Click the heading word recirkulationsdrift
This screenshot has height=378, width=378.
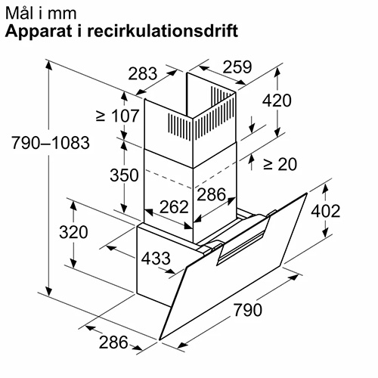pos(163,31)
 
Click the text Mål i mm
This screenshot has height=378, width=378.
pos(41,13)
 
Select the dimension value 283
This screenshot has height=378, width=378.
pos(143,74)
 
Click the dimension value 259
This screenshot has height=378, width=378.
pos(237,67)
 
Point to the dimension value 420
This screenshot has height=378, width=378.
pos(277,101)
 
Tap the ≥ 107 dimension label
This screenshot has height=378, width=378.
pos(118,116)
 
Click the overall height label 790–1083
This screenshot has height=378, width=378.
pos(51,143)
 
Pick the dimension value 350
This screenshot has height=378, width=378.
pos(124,175)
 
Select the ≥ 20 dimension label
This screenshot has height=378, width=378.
pos(280,165)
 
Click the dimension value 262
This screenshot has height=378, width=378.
pos(174,207)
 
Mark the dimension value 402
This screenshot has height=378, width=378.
pos(325,211)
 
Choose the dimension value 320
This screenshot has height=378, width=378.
pos(73,232)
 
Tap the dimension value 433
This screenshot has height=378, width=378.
pos(156,259)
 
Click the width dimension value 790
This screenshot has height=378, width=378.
pos(248,310)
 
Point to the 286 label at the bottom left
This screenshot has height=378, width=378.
pos(113,342)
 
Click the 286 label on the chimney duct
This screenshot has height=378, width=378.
pos(211,194)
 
